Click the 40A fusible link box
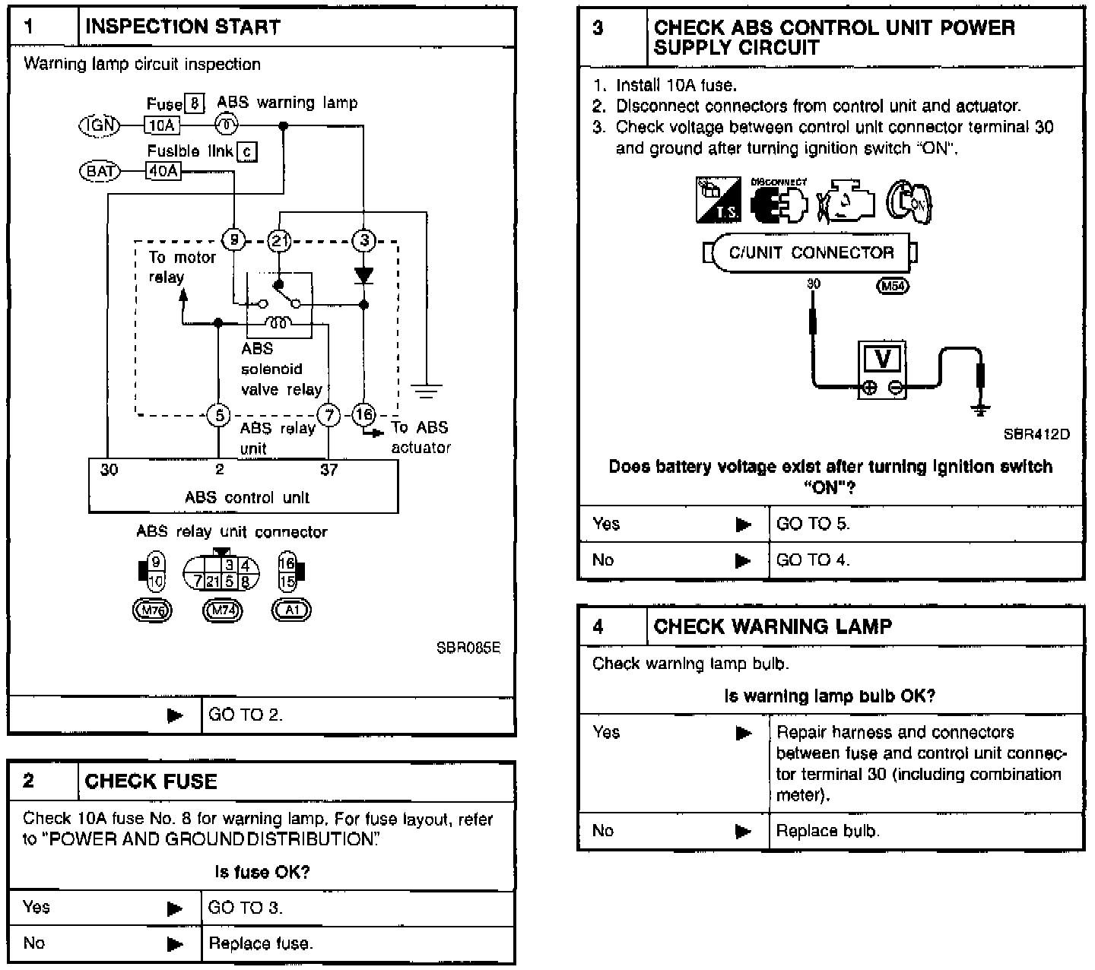[163, 171]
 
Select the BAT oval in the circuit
[100, 171]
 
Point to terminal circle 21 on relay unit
[279, 241]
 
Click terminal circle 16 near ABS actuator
[363, 414]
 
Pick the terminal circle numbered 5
[219, 415]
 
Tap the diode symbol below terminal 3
[363, 274]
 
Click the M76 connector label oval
[152, 610]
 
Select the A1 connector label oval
[291, 610]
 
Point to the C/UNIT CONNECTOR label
[811, 253]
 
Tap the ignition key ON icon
[911, 202]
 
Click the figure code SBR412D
[1036, 434]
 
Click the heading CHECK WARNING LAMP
[773, 626]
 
